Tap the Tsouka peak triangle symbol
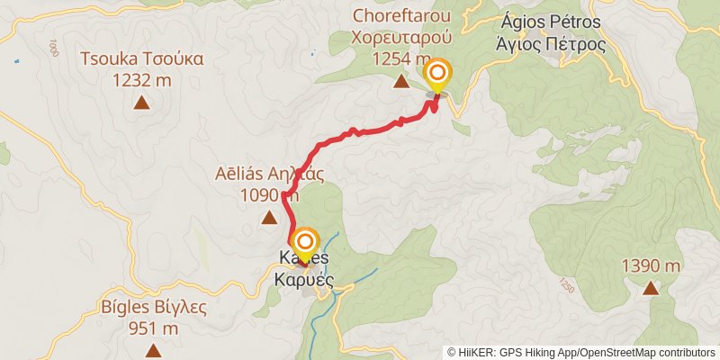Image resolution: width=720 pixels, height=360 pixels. pos(141,103)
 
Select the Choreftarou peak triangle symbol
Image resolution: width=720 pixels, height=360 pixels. pos(400,83)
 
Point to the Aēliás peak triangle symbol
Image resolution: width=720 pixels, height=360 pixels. pos(268,217)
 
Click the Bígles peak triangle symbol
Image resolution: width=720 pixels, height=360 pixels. pos(153,350)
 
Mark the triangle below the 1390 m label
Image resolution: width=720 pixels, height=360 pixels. pos(650,289)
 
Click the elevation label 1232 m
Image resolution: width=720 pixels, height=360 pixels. pos(141,80)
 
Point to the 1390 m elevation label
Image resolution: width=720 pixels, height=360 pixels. pos(650,265)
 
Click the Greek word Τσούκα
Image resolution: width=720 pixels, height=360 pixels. pos(171,59)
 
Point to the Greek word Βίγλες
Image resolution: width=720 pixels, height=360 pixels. pos(179,307)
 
